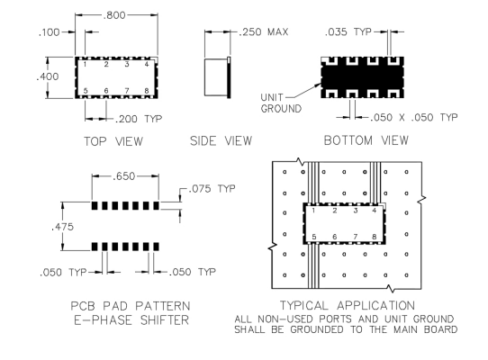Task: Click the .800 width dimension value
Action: [x=114, y=15]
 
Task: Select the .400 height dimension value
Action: [x=48, y=76]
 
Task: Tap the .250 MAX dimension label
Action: [x=263, y=32]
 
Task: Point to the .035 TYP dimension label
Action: [x=348, y=31]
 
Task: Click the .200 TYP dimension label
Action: [x=139, y=119]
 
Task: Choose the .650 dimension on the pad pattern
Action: [x=123, y=176]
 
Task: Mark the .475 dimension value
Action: [x=62, y=227]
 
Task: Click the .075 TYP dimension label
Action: [x=212, y=189]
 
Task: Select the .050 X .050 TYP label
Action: [x=413, y=117]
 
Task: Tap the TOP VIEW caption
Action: [x=113, y=141]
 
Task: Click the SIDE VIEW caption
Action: [x=221, y=140]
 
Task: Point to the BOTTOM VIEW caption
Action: [x=366, y=140]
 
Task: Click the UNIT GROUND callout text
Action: [x=281, y=103]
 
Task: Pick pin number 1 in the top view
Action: [x=85, y=65]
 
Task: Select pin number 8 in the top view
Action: [x=147, y=91]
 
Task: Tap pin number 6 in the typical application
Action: [x=335, y=237]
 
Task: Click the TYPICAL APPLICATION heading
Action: [x=348, y=305]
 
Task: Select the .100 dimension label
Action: [x=49, y=32]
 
